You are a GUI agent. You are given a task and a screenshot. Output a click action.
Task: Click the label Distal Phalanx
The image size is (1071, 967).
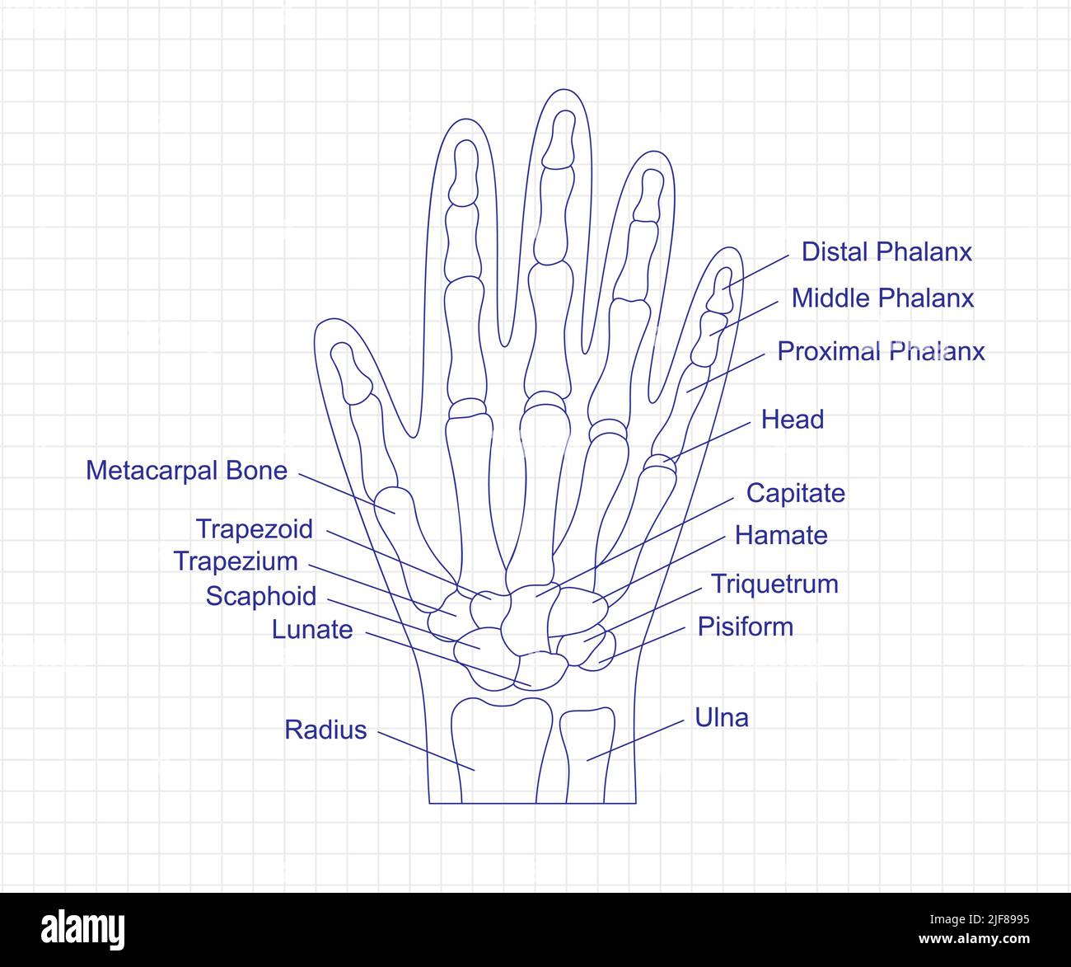(886, 251)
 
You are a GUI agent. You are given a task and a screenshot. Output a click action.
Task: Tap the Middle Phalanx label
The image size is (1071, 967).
(882, 298)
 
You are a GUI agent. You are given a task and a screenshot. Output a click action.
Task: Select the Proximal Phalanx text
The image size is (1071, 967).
(881, 351)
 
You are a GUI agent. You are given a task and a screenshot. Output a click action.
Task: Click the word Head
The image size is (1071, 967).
(792, 420)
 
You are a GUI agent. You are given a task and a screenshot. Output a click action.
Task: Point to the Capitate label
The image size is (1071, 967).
(795, 493)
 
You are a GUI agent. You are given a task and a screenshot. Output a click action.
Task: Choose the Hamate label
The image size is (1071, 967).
(780, 536)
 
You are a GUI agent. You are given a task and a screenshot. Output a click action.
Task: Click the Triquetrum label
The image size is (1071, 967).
(774, 584)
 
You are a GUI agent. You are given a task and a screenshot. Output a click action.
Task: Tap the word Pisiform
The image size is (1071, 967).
(745, 627)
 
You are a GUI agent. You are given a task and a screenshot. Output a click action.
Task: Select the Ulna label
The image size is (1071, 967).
(722, 717)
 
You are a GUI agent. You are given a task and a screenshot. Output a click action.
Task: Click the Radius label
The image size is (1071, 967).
(325, 730)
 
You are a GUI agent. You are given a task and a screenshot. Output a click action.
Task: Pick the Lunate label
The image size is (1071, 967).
(312, 630)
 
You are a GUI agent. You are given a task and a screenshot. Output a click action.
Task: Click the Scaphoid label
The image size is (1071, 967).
(261, 596)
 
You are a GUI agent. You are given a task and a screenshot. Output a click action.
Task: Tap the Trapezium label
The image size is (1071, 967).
(236, 561)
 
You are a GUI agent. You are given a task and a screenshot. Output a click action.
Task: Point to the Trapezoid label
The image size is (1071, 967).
(255, 528)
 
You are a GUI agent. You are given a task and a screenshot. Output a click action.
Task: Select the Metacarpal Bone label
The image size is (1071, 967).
(187, 471)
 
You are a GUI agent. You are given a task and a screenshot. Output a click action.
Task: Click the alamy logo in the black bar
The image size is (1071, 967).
(83, 929)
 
